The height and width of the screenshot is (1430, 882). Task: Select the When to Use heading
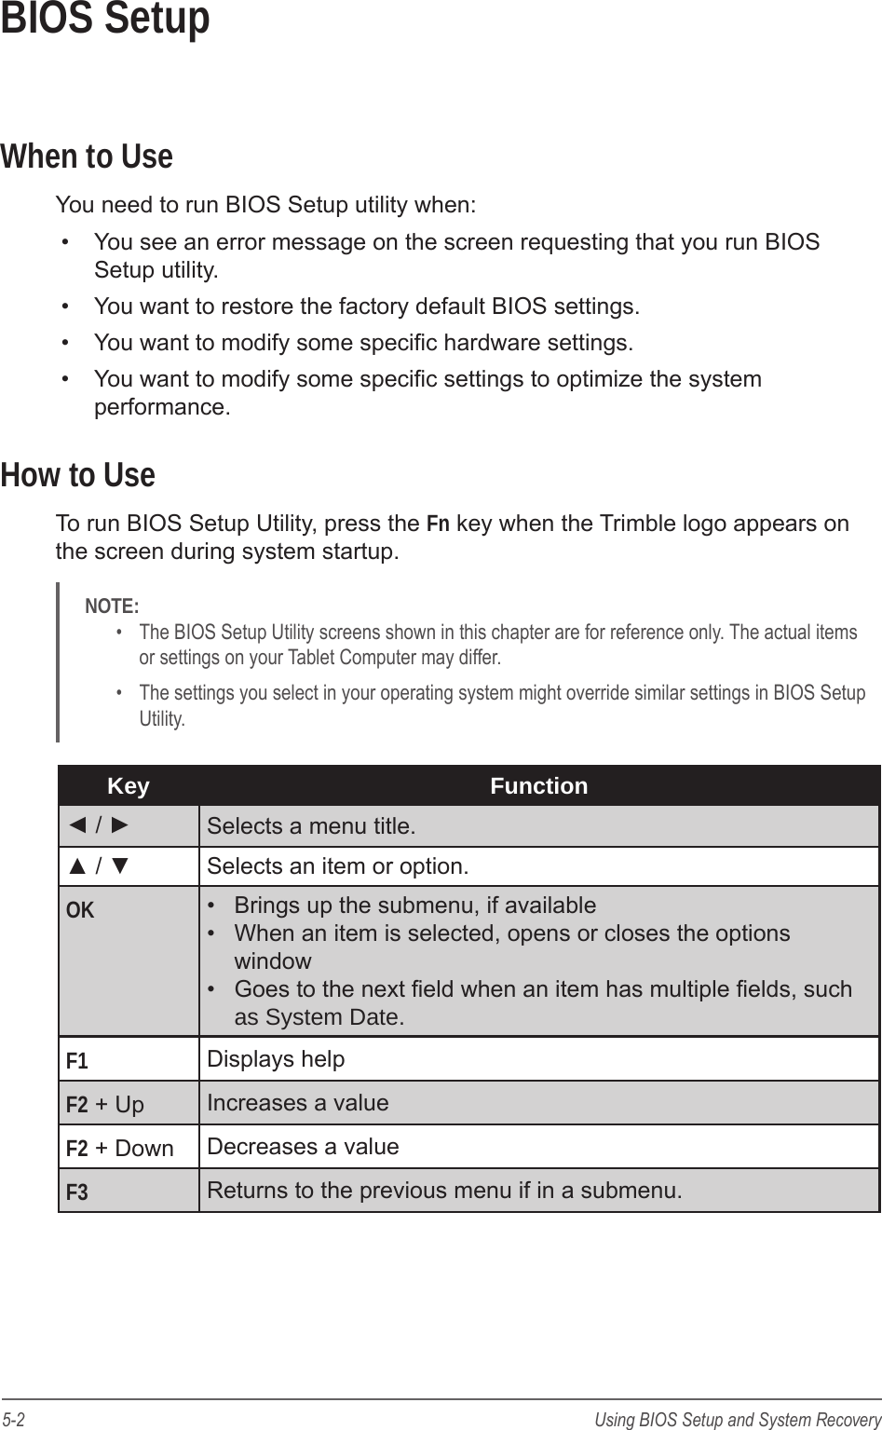point(87,157)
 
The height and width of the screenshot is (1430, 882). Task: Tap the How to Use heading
point(78,475)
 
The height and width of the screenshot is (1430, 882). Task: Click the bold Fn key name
point(438,524)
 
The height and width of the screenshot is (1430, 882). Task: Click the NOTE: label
point(112,606)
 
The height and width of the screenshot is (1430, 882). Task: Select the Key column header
point(129,786)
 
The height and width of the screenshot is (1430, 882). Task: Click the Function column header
point(539,786)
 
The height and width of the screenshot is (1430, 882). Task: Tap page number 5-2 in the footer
point(14,1420)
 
